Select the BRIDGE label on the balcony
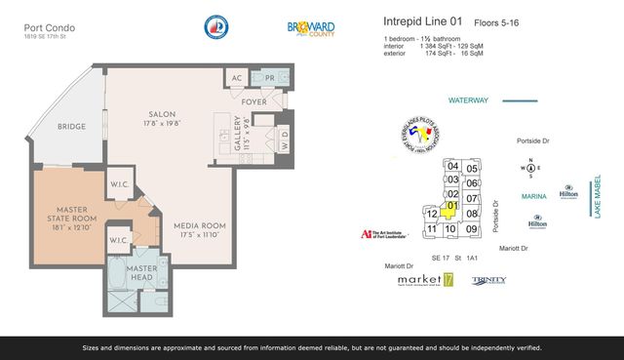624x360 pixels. point(72,126)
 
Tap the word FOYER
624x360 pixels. point(256,100)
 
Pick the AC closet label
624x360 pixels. point(236,79)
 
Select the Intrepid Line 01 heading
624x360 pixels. point(422,20)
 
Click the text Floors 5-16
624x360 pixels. point(498,20)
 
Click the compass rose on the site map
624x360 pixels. point(530,169)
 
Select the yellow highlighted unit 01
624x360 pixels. point(451,207)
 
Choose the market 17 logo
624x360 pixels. point(425,280)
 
